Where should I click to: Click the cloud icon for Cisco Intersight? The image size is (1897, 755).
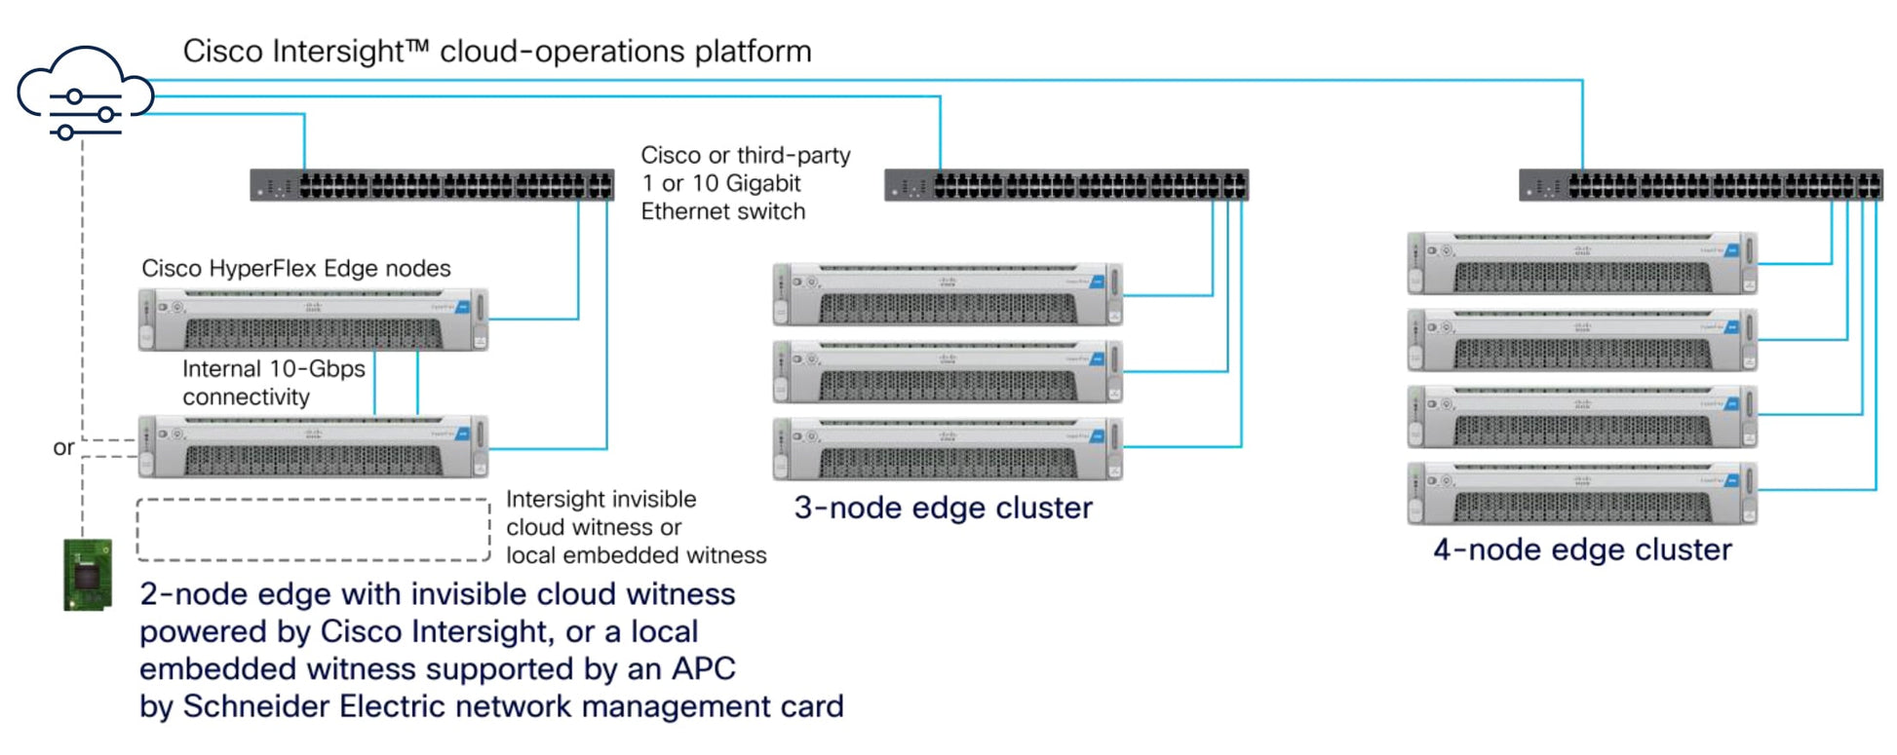point(85,94)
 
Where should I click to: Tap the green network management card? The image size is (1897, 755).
point(88,575)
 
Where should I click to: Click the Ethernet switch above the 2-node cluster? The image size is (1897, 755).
point(432,185)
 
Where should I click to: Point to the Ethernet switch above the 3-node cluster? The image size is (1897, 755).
point(1065,185)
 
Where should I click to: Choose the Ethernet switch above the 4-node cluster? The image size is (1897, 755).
point(1700,185)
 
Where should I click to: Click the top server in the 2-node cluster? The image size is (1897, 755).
point(313,320)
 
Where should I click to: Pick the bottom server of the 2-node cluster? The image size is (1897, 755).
point(313,447)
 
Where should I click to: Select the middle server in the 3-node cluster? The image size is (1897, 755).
point(948,371)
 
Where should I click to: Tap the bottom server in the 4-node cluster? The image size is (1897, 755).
point(1582,494)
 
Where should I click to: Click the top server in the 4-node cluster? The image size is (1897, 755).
point(1582,263)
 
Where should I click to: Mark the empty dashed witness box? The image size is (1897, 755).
point(313,530)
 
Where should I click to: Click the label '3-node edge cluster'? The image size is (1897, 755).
point(943,508)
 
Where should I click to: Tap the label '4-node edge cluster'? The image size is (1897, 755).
point(1582,549)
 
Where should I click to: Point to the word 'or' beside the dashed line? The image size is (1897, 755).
point(63,447)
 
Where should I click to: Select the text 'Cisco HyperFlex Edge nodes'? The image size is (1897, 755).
point(296,268)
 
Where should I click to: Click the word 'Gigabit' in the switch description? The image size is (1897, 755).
point(762,183)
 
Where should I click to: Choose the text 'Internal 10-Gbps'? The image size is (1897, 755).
point(274,368)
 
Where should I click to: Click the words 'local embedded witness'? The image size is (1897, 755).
point(636,555)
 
